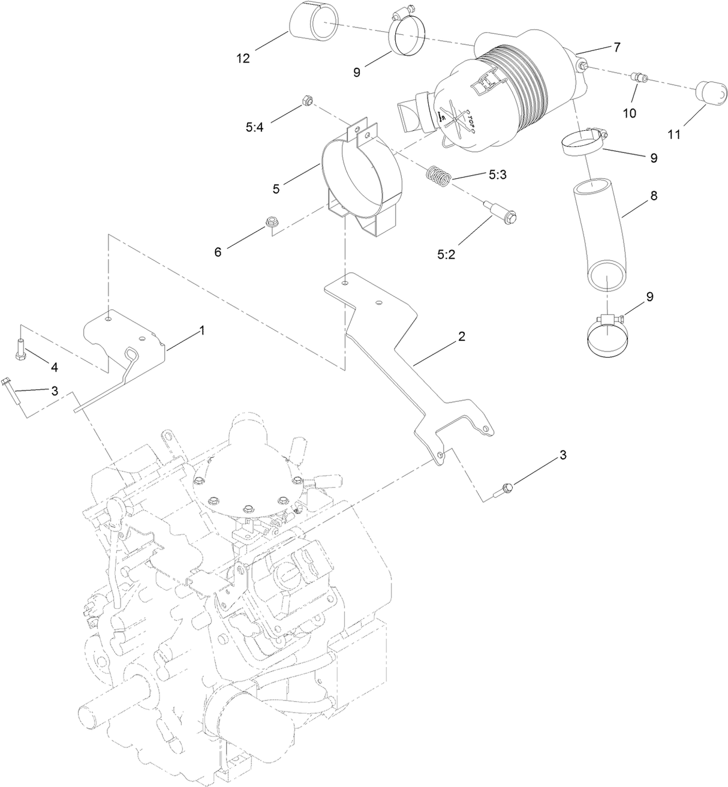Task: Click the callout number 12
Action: click(x=243, y=58)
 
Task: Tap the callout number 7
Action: click(x=617, y=47)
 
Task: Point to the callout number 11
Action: click(x=675, y=135)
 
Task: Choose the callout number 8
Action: click(x=654, y=196)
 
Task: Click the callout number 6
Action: click(x=218, y=252)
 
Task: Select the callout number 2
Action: click(x=461, y=337)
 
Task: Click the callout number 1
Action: click(x=202, y=330)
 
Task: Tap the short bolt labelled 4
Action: click(x=21, y=347)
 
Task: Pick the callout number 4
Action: click(x=53, y=367)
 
